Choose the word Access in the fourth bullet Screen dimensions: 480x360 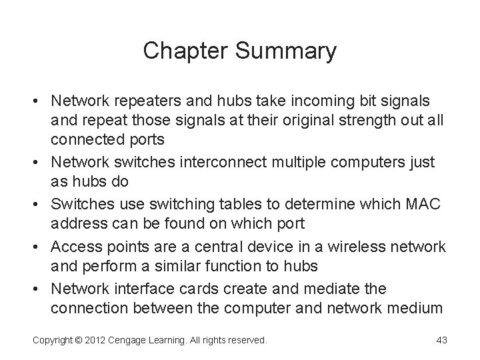point(78,247)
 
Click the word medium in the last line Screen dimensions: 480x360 point(417,307)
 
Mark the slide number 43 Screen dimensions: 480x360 point(440,340)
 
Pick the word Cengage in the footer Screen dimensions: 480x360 point(133,340)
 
